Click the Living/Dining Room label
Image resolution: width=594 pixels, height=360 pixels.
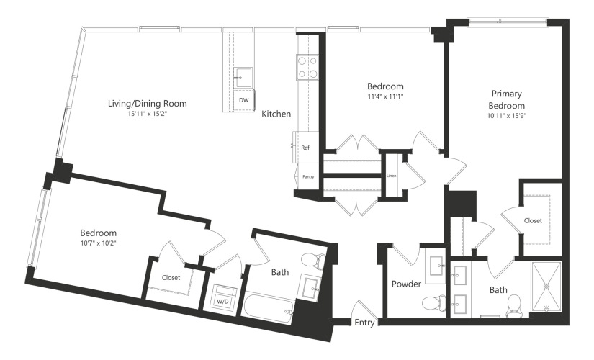pos(148,103)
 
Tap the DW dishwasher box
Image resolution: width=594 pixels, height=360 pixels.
pos(244,100)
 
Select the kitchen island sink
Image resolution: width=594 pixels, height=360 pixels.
pos(243,78)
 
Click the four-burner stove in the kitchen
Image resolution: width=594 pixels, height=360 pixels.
pos(307,67)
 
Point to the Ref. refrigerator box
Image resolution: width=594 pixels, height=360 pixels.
pos(306,148)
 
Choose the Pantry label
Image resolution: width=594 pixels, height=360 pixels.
pos(308,176)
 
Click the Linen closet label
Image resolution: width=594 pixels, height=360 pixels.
pos(392,176)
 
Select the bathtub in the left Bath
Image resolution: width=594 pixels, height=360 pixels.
pos(269,307)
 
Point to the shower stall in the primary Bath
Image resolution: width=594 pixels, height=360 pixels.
pos(546,286)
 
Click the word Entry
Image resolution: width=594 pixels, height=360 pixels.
pos(364,323)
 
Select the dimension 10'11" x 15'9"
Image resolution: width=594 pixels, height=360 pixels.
pos(506,116)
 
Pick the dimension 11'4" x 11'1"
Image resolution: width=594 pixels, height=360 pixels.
pos(385,96)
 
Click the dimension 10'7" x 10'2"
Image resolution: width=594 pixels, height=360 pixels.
pos(98,243)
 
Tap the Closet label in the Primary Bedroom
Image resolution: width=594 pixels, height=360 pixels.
pos(533,220)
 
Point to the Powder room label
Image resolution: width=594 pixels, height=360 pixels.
pos(407,284)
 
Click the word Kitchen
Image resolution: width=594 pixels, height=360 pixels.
pos(276,114)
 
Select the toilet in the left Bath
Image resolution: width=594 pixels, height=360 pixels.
pos(313,261)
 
